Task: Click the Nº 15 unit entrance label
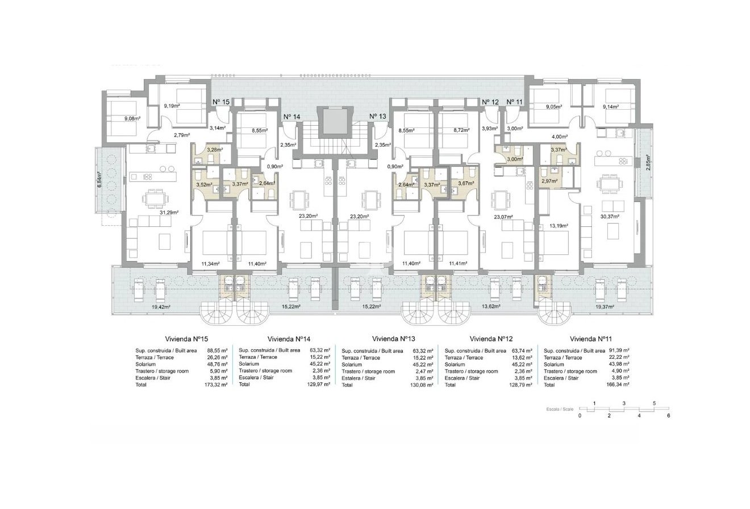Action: point(221,102)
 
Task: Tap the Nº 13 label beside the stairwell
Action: point(378,117)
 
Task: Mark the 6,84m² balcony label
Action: point(99,180)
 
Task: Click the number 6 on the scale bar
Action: point(669,416)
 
